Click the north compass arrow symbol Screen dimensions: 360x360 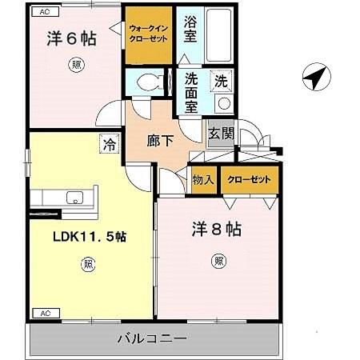pos(316,78)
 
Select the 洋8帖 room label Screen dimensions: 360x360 pos(216,230)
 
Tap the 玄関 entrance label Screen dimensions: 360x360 pos(221,134)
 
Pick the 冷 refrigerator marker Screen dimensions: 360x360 pos(108,144)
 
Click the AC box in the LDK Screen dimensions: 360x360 pos(45,313)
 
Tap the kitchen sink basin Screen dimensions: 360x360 pos(75,198)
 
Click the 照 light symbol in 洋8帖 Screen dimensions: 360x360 pos(218,261)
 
